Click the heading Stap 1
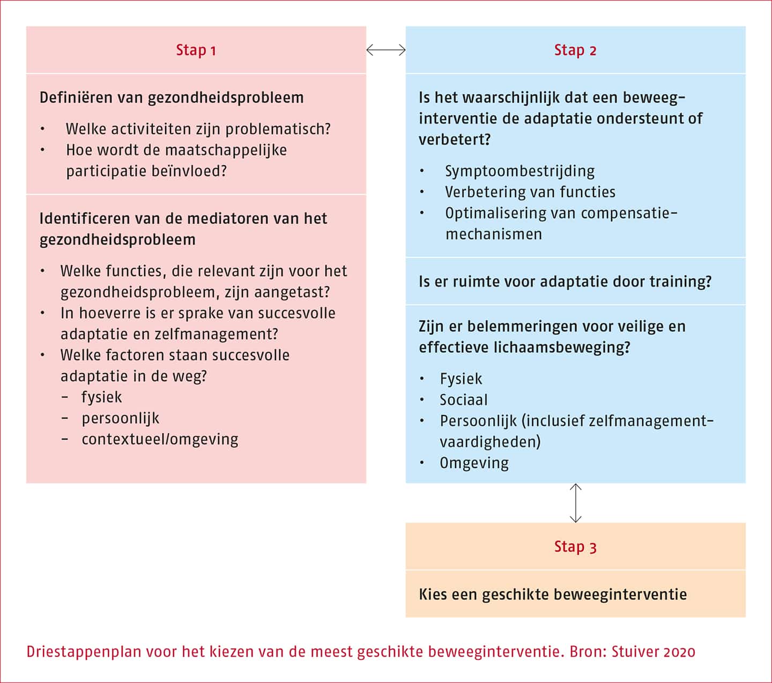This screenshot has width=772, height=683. (x=196, y=50)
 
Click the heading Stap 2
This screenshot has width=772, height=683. (x=575, y=50)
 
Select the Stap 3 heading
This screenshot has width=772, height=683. (x=575, y=546)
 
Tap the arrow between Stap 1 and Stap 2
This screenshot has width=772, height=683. (x=386, y=50)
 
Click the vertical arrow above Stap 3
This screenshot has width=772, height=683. (x=575, y=503)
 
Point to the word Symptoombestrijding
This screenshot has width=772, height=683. (x=519, y=171)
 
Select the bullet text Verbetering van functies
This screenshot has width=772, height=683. (x=530, y=192)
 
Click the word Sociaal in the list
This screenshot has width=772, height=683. (x=464, y=400)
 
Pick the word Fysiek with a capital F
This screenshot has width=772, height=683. (x=461, y=379)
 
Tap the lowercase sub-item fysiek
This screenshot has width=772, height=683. (x=102, y=397)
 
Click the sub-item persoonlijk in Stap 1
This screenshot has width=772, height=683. (x=120, y=418)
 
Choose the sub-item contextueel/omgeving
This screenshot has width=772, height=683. (x=160, y=439)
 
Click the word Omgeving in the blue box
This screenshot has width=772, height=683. (x=474, y=463)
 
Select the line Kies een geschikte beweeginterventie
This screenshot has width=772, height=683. (x=552, y=594)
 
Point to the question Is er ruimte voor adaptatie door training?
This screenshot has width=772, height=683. (x=565, y=281)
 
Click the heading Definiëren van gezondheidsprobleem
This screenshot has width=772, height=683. (x=172, y=98)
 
